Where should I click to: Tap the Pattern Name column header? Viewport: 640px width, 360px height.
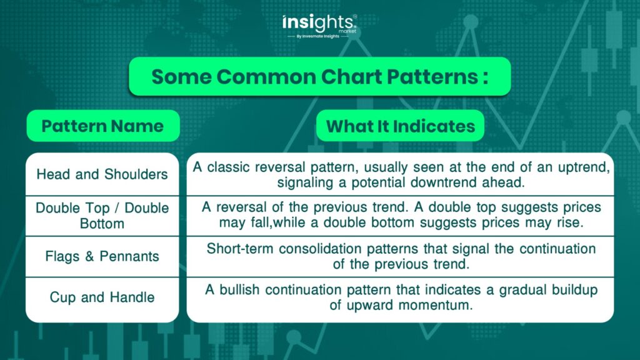(x=103, y=126)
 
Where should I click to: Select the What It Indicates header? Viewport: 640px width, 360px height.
(x=401, y=126)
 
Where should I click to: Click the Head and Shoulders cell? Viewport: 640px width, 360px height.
(x=102, y=174)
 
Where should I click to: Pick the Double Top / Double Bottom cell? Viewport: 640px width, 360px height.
(x=102, y=216)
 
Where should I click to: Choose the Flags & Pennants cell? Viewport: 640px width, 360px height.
(x=102, y=256)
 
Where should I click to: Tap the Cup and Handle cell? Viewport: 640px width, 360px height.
(x=102, y=297)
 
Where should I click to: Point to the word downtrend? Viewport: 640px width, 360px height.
(x=444, y=182)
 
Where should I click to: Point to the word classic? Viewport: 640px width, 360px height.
(x=228, y=167)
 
